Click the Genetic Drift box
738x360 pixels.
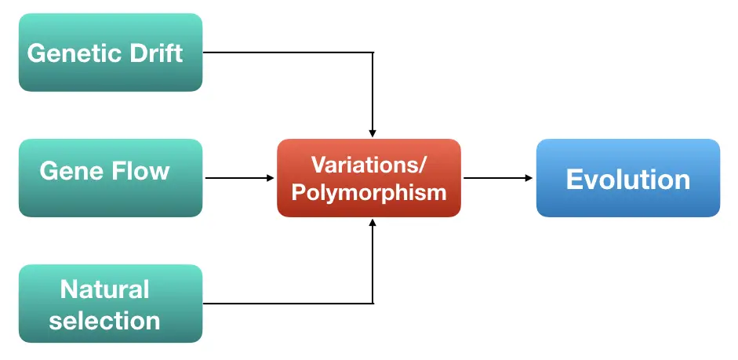pos(111,53)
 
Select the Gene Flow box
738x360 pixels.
pos(111,178)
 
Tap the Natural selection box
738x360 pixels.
pos(111,304)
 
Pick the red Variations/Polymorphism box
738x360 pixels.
pos(369,178)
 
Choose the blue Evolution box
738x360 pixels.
pos(628,178)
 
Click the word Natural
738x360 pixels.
pos(104,289)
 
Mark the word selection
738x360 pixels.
pos(104,321)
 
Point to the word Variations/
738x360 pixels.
pos(369,164)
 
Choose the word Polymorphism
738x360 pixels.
pos(369,193)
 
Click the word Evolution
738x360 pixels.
pos(628,180)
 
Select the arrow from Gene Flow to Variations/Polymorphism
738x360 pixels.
pos(239,178)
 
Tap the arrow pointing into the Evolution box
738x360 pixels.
pos(498,178)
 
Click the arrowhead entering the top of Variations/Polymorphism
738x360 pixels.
pos(373,133)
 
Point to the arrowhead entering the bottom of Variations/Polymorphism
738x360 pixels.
pos(373,222)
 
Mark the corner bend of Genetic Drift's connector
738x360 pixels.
pos(373,53)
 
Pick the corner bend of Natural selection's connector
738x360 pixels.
pos(373,304)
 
